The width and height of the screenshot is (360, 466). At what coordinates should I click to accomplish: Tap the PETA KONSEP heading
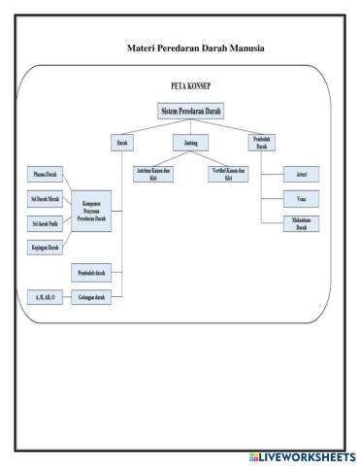pyautogui.click(x=190, y=85)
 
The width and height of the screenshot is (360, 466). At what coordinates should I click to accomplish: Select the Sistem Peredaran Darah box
pyautogui.click(x=190, y=112)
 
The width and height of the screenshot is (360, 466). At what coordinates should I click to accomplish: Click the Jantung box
pyautogui.click(x=190, y=143)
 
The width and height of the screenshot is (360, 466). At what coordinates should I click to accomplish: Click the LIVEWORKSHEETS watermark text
pyautogui.click(x=306, y=456)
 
